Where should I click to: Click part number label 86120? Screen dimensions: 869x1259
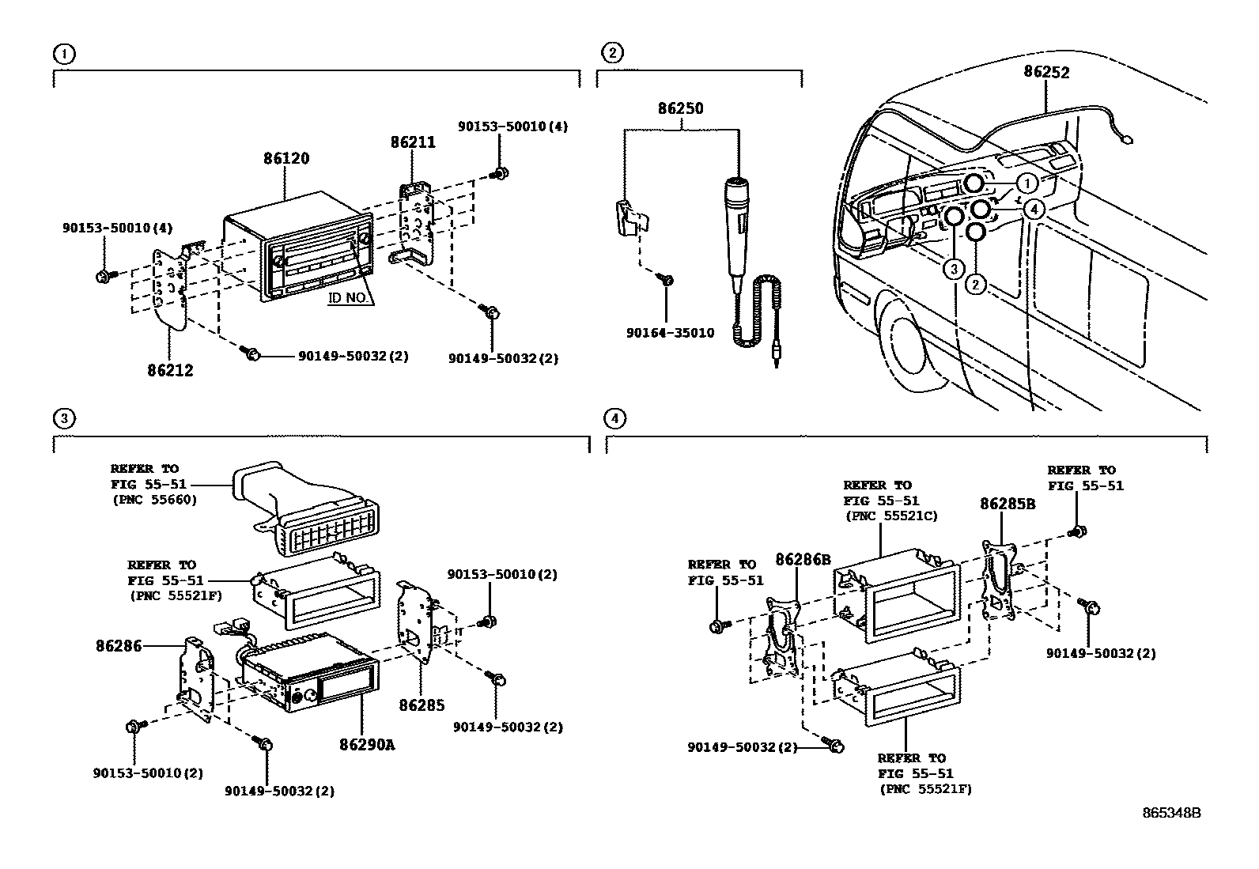(x=286, y=158)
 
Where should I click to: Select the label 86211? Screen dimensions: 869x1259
(x=413, y=142)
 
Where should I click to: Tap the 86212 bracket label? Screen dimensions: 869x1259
(x=169, y=370)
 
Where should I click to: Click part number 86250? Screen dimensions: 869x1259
(x=681, y=108)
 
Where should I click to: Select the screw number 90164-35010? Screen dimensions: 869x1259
(x=670, y=333)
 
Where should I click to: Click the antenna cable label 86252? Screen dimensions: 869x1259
(x=1046, y=72)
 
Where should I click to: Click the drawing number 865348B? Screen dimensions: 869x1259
(x=1171, y=813)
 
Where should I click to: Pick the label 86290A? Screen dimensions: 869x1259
(x=367, y=744)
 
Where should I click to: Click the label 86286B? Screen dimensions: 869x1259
(x=803, y=559)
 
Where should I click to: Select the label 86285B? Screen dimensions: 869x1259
(x=1008, y=504)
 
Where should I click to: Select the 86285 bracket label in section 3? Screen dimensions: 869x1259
(x=422, y=705)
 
